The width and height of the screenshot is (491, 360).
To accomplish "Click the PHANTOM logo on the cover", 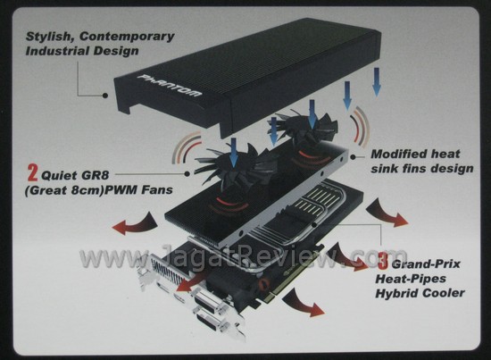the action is [x=170, y=85].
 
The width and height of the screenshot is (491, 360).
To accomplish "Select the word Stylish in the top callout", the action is [x=50, y=37].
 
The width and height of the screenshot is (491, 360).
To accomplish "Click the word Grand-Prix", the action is [x=426, y=264].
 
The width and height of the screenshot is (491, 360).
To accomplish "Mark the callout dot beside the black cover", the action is [x=105, y=96].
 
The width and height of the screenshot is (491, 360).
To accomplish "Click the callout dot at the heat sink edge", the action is [x=353, y=157].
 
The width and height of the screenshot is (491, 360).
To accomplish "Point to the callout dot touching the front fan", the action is [x=187, y=173].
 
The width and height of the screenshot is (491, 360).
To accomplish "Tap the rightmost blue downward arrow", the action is [x=377, y=81].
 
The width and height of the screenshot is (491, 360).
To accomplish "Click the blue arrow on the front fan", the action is [x=233, y=153].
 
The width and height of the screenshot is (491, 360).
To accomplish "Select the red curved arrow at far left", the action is [x=134, y=223].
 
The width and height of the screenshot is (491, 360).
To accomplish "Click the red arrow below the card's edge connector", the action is [x=304, y=303].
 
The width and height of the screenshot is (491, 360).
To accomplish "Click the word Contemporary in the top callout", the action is [x=127, y=37].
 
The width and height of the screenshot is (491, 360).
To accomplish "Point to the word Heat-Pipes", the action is [x=411, y=279].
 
